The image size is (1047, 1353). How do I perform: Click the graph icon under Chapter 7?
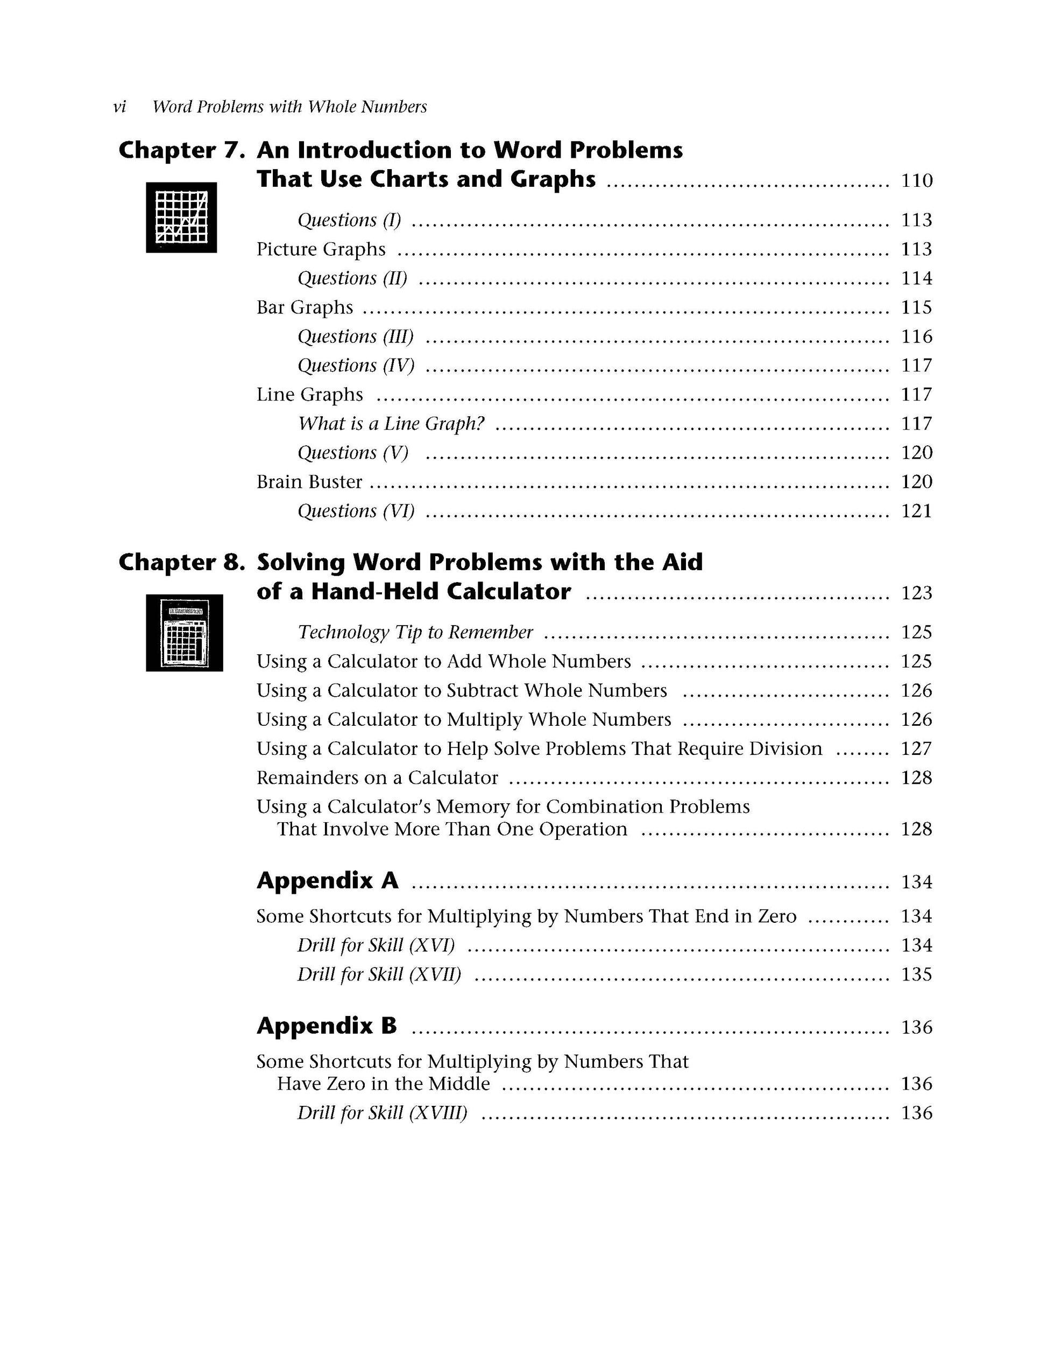pos(181,218)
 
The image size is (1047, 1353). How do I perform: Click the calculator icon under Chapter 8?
pos(184,633)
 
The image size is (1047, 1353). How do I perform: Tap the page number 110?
pos(916,181)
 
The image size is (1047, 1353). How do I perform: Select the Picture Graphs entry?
pos(321,249)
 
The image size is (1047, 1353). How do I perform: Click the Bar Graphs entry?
pos(305,307)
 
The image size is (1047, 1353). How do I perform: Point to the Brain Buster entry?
pos(309,482)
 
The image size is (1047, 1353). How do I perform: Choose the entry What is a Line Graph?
pos(391,424)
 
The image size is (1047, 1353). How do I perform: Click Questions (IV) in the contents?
pos(356,366)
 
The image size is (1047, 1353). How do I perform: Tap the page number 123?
pos(916,593)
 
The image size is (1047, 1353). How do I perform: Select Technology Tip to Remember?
pos(415,632)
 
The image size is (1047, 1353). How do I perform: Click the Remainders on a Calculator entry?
pos(377,777)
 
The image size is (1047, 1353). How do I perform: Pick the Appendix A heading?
pos(327,880)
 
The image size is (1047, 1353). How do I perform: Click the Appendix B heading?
pos(326,1026)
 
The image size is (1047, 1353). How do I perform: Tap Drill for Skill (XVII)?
pos(379,975)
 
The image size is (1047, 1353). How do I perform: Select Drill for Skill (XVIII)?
pos(382,1113)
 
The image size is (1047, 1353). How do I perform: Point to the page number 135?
pos(916,975)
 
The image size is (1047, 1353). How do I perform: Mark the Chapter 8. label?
pos(182,563)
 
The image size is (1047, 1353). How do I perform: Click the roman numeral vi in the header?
pos(119,107)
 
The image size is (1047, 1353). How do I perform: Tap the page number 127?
pos(916,749)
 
